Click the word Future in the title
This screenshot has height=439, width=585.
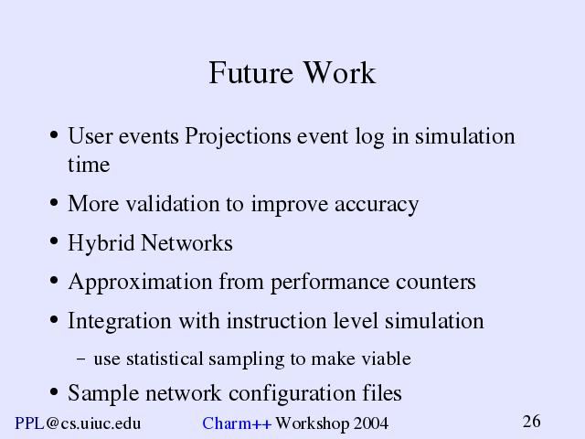[x=250, y=73]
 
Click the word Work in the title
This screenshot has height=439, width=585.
[x=339, y=73]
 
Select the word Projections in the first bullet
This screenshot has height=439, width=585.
[x=238, y=137]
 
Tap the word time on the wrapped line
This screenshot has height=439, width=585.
[x=89, y=165]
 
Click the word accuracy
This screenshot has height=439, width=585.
[x=377, y=206]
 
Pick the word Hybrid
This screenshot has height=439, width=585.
[x=101, y=244]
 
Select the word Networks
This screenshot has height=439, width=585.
[x=186, y=243]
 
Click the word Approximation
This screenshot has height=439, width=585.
[x=140, y=283]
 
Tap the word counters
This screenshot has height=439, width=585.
[x=436, y=283]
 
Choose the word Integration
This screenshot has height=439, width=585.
[x=120, y=322]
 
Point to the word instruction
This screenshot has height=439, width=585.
[x=276, y=321]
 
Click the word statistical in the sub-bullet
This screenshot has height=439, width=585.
[x=165, y=359]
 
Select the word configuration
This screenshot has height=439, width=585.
[x=292, y=394]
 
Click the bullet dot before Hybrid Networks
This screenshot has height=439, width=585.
[x=54, y=241]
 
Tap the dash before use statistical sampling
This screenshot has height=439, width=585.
[x=81, y=359]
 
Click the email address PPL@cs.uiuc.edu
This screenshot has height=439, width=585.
[x=78, y=423]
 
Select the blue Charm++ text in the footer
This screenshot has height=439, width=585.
[x=237, y=423]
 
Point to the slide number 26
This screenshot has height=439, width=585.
[x=532, y=422]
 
